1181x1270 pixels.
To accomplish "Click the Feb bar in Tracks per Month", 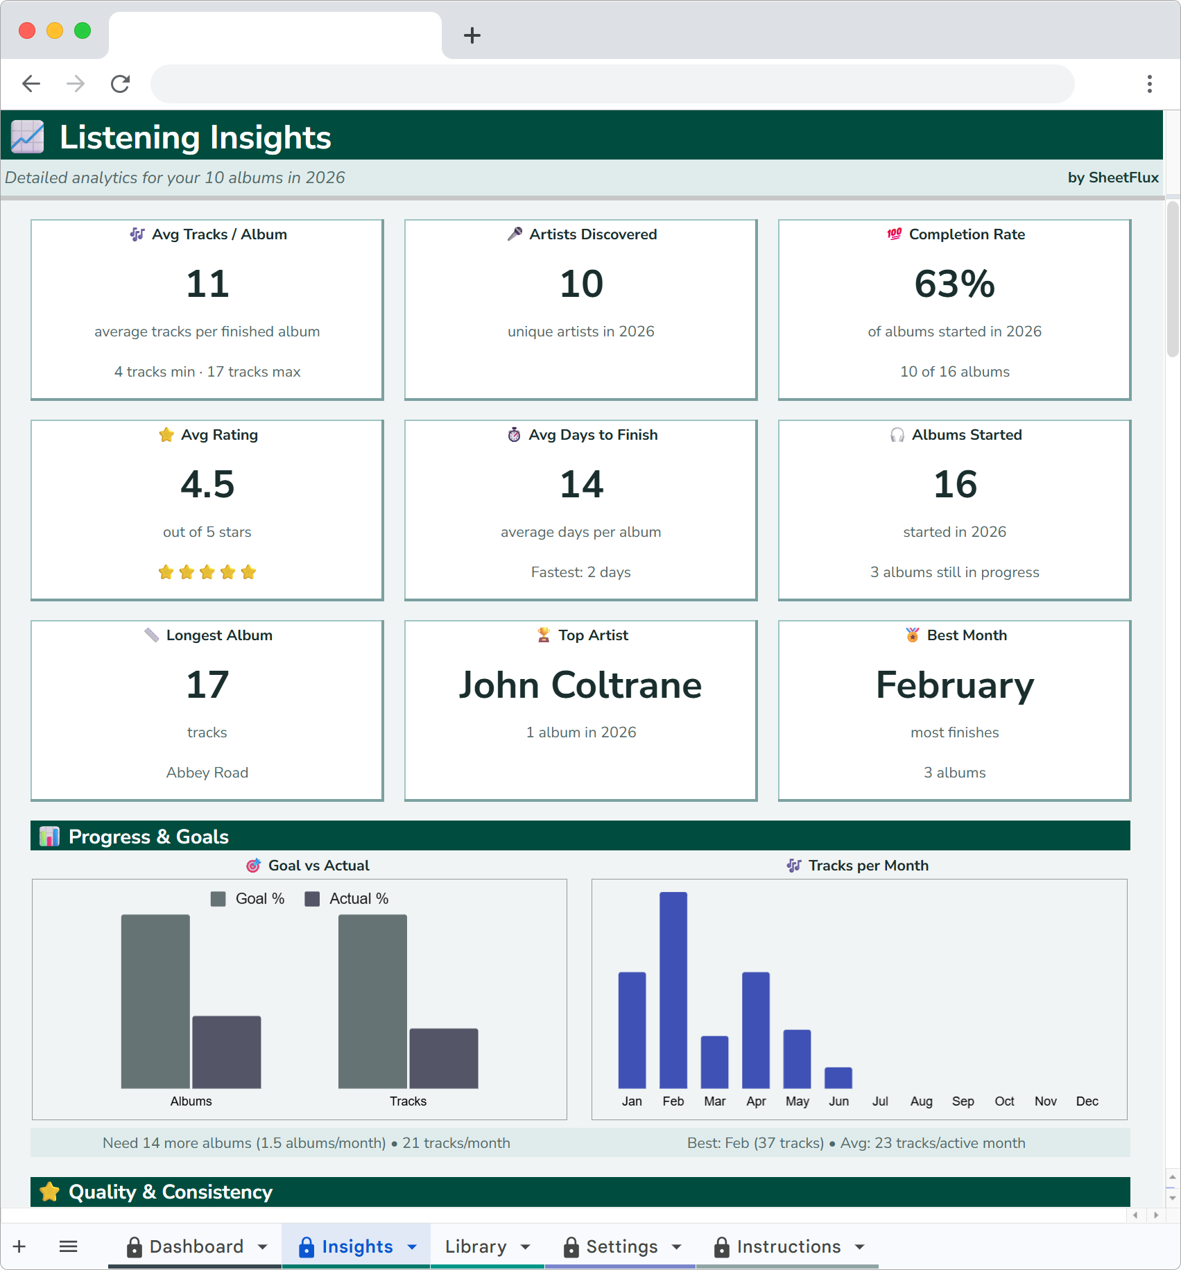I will (x=673, y=990).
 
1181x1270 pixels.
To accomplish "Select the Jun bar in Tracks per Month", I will (x=838, y=1078).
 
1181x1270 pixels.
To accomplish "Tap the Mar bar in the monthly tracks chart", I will (x=714, y=1062).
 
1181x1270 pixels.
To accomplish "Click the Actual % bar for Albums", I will (x=226, y=1052).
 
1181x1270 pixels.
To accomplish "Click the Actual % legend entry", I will (x=347, y=899).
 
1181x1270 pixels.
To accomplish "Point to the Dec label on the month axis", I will (x=1087, y=1101).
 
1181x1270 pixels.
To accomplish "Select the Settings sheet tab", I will (x=621, y=1246).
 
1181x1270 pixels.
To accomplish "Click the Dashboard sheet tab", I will (x=196, y=1246).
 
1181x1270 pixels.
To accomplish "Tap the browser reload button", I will (x=121, y=84).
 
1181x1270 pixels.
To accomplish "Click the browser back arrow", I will (x=31, y=84).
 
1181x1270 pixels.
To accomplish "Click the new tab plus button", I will (x=472, y=35).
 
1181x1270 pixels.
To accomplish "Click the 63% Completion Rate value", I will (x=954, y=284).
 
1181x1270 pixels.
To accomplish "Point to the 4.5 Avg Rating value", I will (x=207, y=484).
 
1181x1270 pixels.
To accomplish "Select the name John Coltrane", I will (x=580, y=685).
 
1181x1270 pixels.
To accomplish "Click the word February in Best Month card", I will (x=954, y=685).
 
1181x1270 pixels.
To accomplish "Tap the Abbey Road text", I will (x=207, y=773).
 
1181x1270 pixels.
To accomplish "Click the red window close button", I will (x=27, y=31).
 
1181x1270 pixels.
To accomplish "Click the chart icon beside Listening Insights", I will (x=28, y=137).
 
